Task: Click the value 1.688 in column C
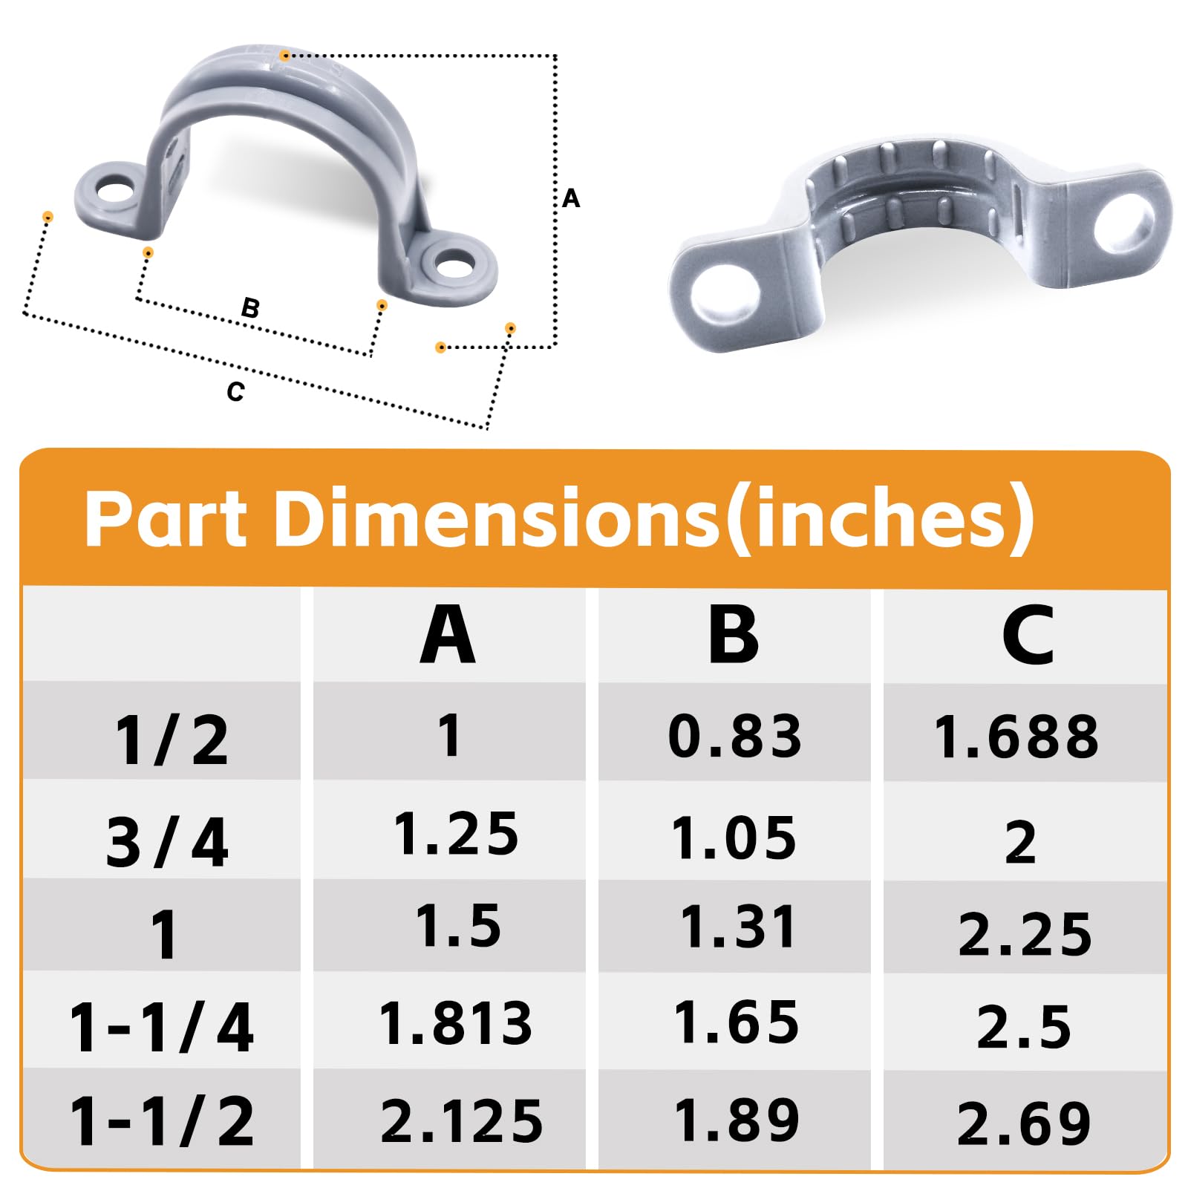[1016, 737]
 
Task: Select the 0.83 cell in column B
[734, 737]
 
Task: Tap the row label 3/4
[166, 843]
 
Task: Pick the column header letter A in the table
[447, 635]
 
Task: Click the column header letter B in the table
[734, 635]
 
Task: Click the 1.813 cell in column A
[456, 1024]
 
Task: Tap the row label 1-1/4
[162, 1028]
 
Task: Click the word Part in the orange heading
[165, 518]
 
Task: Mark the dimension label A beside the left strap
[570, 198]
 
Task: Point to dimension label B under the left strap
[250, 307]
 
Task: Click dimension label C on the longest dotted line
[235, 391]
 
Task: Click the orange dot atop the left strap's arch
[284, 56]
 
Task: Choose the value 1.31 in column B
[738, 927]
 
